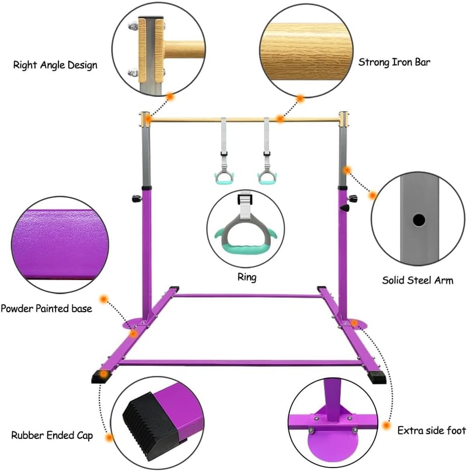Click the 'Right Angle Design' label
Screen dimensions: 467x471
[x=55, y=65]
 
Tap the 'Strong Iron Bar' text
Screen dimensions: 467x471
[x=394, y=62]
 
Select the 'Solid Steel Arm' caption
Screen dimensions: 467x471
[x=418, y=280]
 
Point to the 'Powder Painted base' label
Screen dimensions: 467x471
[x=46, y=309]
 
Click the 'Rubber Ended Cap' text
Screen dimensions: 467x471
[x=52, y=435]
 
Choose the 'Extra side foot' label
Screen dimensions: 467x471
[x=431, y=431]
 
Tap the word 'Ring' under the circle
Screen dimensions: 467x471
[x=247, y=277]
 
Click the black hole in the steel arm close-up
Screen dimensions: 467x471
[x=419, y=220]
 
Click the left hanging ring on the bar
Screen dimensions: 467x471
[x=224, y=178]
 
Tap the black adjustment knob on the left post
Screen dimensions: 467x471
[x=137, y=198]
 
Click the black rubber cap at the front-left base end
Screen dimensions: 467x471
[x=101, y=376]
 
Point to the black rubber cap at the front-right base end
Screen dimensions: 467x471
[x=377, y=377]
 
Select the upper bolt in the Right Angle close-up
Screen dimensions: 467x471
[x=133, y=27]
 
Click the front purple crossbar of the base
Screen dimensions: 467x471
[x=241, y=363]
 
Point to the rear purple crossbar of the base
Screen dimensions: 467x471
[x=248, y=296]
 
